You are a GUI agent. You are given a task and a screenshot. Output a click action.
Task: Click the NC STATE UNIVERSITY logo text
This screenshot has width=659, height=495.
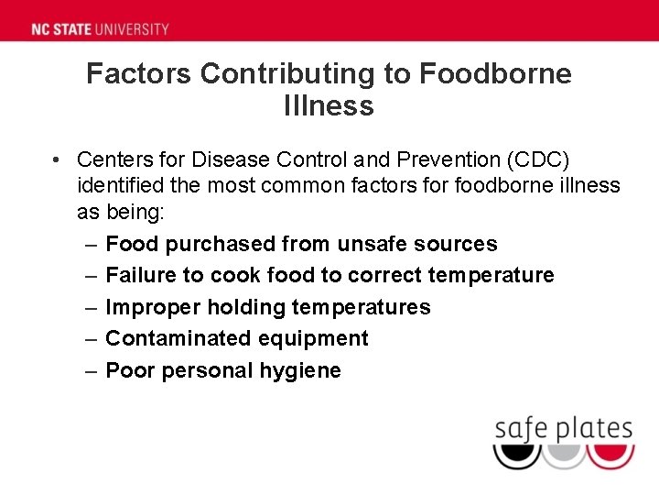(101, 28)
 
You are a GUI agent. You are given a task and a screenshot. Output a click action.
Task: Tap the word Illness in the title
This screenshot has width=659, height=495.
(329, 106)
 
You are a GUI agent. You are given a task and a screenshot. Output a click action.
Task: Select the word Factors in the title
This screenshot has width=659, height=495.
(139, 74)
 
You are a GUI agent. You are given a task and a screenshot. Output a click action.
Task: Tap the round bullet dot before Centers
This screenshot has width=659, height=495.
(57, 159)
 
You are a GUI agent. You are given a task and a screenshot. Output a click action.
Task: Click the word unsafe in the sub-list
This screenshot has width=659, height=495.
(373, 244)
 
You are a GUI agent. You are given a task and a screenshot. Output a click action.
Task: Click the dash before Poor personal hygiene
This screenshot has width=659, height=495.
(92, 370)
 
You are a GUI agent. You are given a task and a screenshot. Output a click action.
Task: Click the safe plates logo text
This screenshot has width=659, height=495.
(563, 428)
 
